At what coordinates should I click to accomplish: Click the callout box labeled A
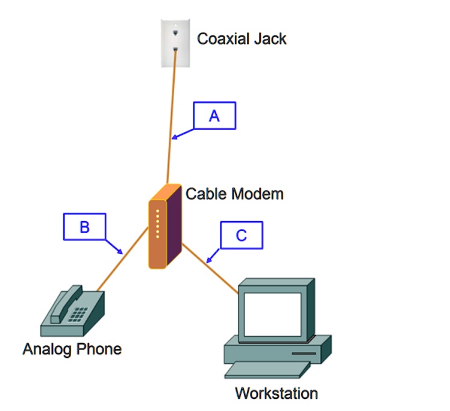click(214, 116)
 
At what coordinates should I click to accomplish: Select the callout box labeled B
click(84, 227)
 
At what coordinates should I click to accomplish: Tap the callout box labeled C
click(241, 235)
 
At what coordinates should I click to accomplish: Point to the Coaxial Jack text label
click(242, 39)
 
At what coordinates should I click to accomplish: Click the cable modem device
click(164, 227)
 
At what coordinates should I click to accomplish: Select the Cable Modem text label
click(234, 194)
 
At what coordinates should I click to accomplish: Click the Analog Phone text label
click(72, 349)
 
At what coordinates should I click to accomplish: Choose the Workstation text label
click(276, 394)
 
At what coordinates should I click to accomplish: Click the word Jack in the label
click(270, 39)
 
